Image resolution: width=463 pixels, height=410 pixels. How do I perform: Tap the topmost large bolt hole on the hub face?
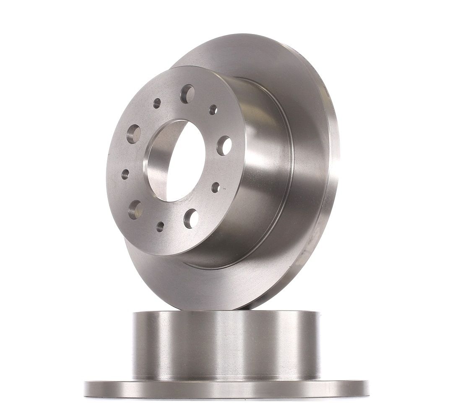point(187,94)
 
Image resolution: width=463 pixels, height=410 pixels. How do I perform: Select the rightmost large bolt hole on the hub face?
point(224,145)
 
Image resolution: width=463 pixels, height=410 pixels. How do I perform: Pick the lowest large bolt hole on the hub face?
point(191,218)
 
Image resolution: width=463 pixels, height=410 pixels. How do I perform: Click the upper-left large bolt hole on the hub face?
point(134,133)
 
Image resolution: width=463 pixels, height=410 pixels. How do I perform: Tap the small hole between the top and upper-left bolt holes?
point(157,103)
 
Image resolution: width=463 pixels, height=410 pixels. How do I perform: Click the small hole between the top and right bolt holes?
point(213,110)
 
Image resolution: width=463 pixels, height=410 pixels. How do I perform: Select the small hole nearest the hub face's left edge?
point(125,174)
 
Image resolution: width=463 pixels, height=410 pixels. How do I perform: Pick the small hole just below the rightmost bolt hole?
point(216,187)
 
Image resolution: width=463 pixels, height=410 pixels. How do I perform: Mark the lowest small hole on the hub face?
point(160,227)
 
